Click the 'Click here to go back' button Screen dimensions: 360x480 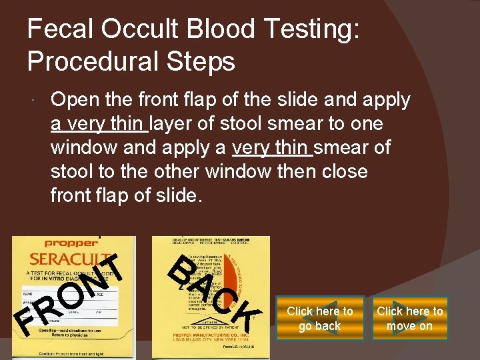[x=320, y=319]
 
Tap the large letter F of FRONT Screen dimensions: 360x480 [x=25, y=325]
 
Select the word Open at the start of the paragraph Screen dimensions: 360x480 [x=72, y=100]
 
